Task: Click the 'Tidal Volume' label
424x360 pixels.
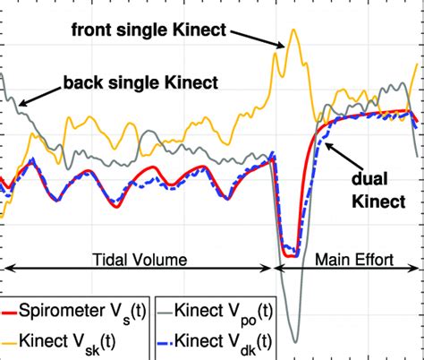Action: click(x=140, y=258)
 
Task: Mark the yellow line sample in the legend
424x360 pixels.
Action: click(x=19, y=339)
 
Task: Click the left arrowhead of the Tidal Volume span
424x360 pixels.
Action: click(x=4, y=266)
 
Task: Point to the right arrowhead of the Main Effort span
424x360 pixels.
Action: click(x=420, y=266)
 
